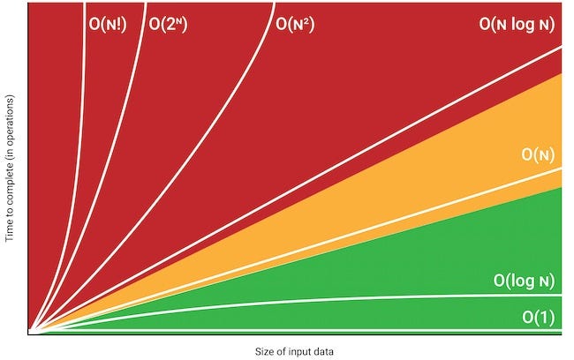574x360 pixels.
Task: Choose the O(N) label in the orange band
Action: click(x=538, y=155)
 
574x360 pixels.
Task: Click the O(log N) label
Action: click(x=524, y=281)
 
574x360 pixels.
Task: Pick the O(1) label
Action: click(x=538, y=317)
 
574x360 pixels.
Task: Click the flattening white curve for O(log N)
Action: click(x=353, y=298)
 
